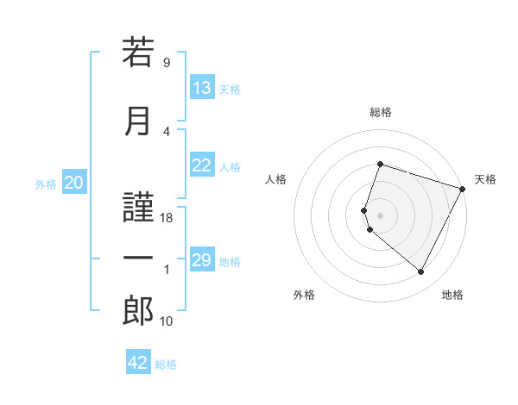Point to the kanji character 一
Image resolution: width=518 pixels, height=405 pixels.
click(138, 259)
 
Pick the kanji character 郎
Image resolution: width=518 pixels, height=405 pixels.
click(138, 311)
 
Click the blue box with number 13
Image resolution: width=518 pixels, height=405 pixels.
click(202, 88)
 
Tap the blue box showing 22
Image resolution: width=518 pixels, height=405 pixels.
click(202, 165)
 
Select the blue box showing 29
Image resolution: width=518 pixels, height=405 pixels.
click(202, 260)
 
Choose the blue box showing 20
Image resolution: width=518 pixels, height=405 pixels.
click(74, 182)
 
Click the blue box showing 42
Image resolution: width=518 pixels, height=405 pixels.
click(138, 363)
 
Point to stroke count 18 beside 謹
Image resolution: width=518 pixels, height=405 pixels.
click(167, 218)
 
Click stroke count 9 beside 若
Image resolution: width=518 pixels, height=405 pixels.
click(166, 62)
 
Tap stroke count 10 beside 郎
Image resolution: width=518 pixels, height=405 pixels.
click(167, 321)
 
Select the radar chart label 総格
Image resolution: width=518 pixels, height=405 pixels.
click(381, 112)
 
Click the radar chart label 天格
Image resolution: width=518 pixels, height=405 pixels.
click(485, 179)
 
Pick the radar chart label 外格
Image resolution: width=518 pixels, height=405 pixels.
click(304, 295)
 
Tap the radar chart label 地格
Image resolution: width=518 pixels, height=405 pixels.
click(452, 295)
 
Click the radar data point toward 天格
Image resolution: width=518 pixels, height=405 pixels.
click(463, 189)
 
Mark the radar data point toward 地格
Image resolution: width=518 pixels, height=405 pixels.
click(421, 272)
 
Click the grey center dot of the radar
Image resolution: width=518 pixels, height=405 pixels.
click(381, 215)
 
